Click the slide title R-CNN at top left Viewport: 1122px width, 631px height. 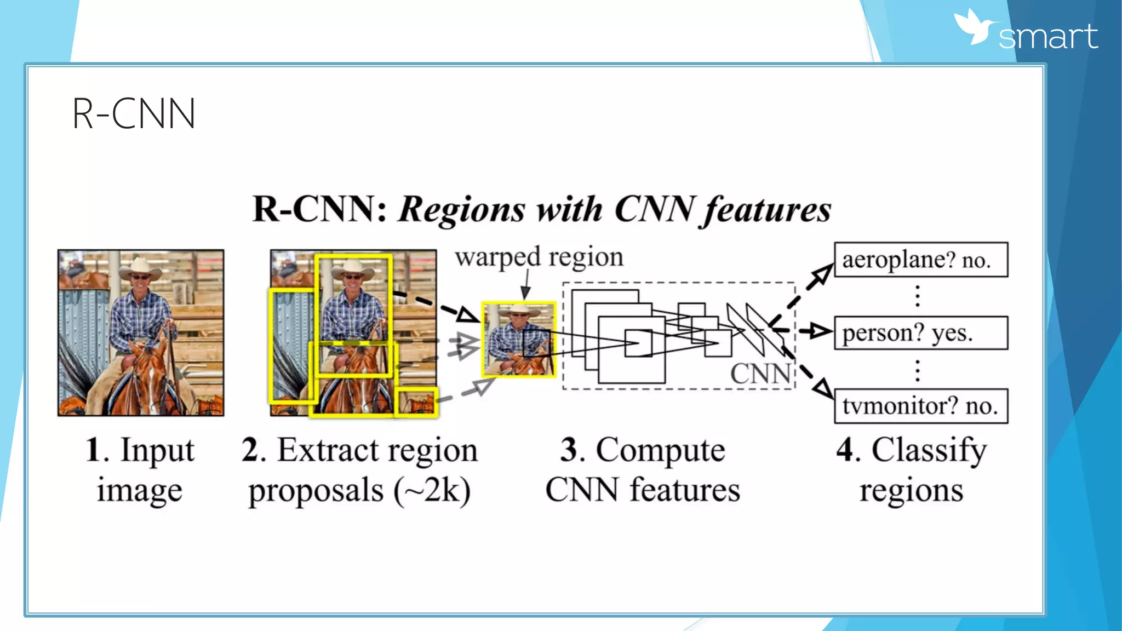click(134, 114)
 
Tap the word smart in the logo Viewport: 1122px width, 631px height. click(1047, 37)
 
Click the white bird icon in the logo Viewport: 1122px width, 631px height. click(975, 27)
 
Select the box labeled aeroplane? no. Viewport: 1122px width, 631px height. click(921, 260)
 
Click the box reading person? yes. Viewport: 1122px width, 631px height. click(921, 333)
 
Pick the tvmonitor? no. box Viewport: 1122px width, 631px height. click(921, 406)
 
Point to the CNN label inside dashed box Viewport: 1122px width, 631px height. click(760, 374)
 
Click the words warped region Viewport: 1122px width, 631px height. click(539, 257)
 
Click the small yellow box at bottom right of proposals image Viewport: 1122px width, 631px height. click(416, 403)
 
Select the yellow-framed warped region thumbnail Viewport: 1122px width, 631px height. click(518, 339)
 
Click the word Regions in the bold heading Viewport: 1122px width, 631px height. click(461, 210)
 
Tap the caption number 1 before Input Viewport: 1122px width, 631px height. click(93, 450)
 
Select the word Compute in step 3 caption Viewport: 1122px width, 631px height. click(660, 450)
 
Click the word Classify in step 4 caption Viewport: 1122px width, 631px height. click(929, 450)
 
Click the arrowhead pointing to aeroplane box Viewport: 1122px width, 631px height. click(822, 274)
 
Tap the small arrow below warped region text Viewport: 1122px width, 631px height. click(526, 290)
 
